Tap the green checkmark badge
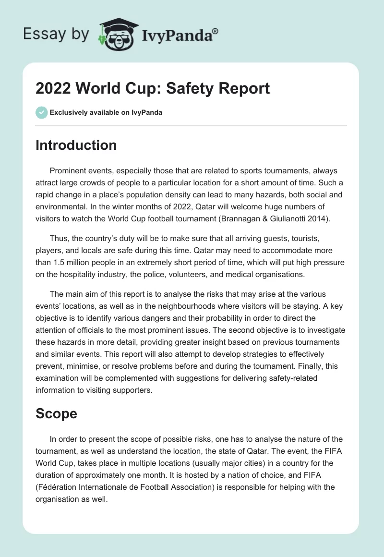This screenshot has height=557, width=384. point(41,113)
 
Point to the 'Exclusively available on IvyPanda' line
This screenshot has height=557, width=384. point(106,113)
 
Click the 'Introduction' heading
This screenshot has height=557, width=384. point(76,145)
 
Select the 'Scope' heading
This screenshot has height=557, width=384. point(56,413)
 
